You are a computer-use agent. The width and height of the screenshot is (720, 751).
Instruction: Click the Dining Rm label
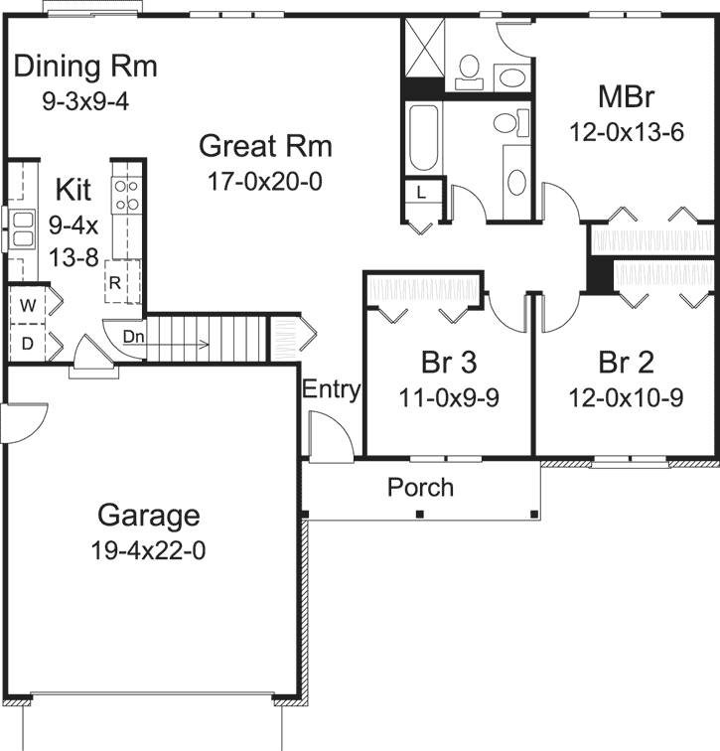[86, 68]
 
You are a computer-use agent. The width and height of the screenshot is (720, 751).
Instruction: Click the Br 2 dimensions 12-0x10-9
[626, 397]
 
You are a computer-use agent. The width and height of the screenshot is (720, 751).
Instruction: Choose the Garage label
[149, 516]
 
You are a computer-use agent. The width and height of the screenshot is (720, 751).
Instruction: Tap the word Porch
[420, 488]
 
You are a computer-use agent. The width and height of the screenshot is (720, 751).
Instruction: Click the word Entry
[332, 389]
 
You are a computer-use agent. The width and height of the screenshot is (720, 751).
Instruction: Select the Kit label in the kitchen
[74, 189]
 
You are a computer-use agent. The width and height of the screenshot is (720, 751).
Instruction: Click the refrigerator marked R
[115, 282]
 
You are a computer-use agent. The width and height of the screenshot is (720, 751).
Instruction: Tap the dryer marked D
[27, 344]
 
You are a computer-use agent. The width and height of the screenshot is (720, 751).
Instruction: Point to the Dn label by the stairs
[134, 337]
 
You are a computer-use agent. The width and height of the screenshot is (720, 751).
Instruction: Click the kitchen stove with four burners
[126, 194]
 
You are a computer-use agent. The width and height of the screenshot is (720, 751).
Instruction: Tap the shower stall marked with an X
[423, 46]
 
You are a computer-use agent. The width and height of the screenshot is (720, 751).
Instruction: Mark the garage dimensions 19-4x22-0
[149, 549]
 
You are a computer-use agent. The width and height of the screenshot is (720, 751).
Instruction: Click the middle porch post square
[420, 514]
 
